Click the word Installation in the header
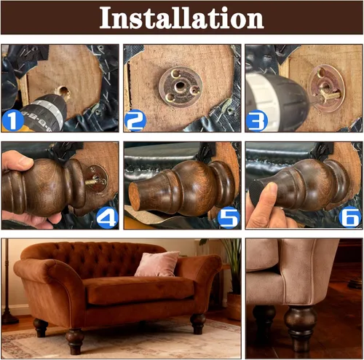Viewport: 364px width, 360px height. [x=181, y=17]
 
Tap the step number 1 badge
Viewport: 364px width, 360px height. [x=12, y=120]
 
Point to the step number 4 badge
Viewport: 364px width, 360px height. [x=107, y=216]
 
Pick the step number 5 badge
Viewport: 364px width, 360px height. [x=228, y=216]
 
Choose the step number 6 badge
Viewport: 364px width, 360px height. [x=349, y=216]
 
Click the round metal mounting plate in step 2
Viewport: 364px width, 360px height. [x=177, y=87]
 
